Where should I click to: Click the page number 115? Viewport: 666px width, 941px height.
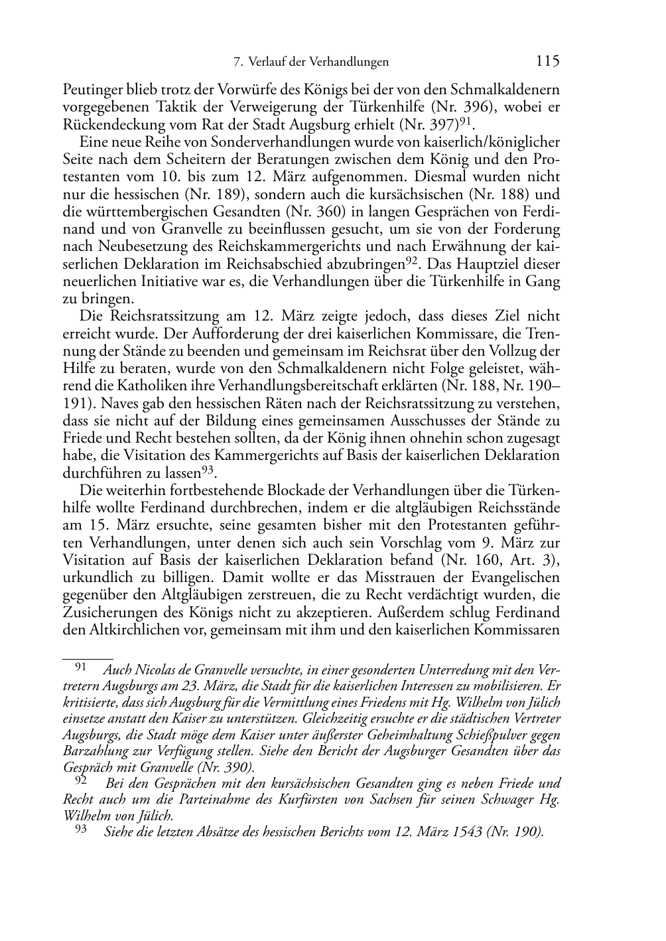pos(547,61)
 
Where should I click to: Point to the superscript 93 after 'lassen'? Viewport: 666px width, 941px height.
pos(209,469)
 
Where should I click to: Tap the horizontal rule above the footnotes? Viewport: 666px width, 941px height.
pos(88,659)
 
